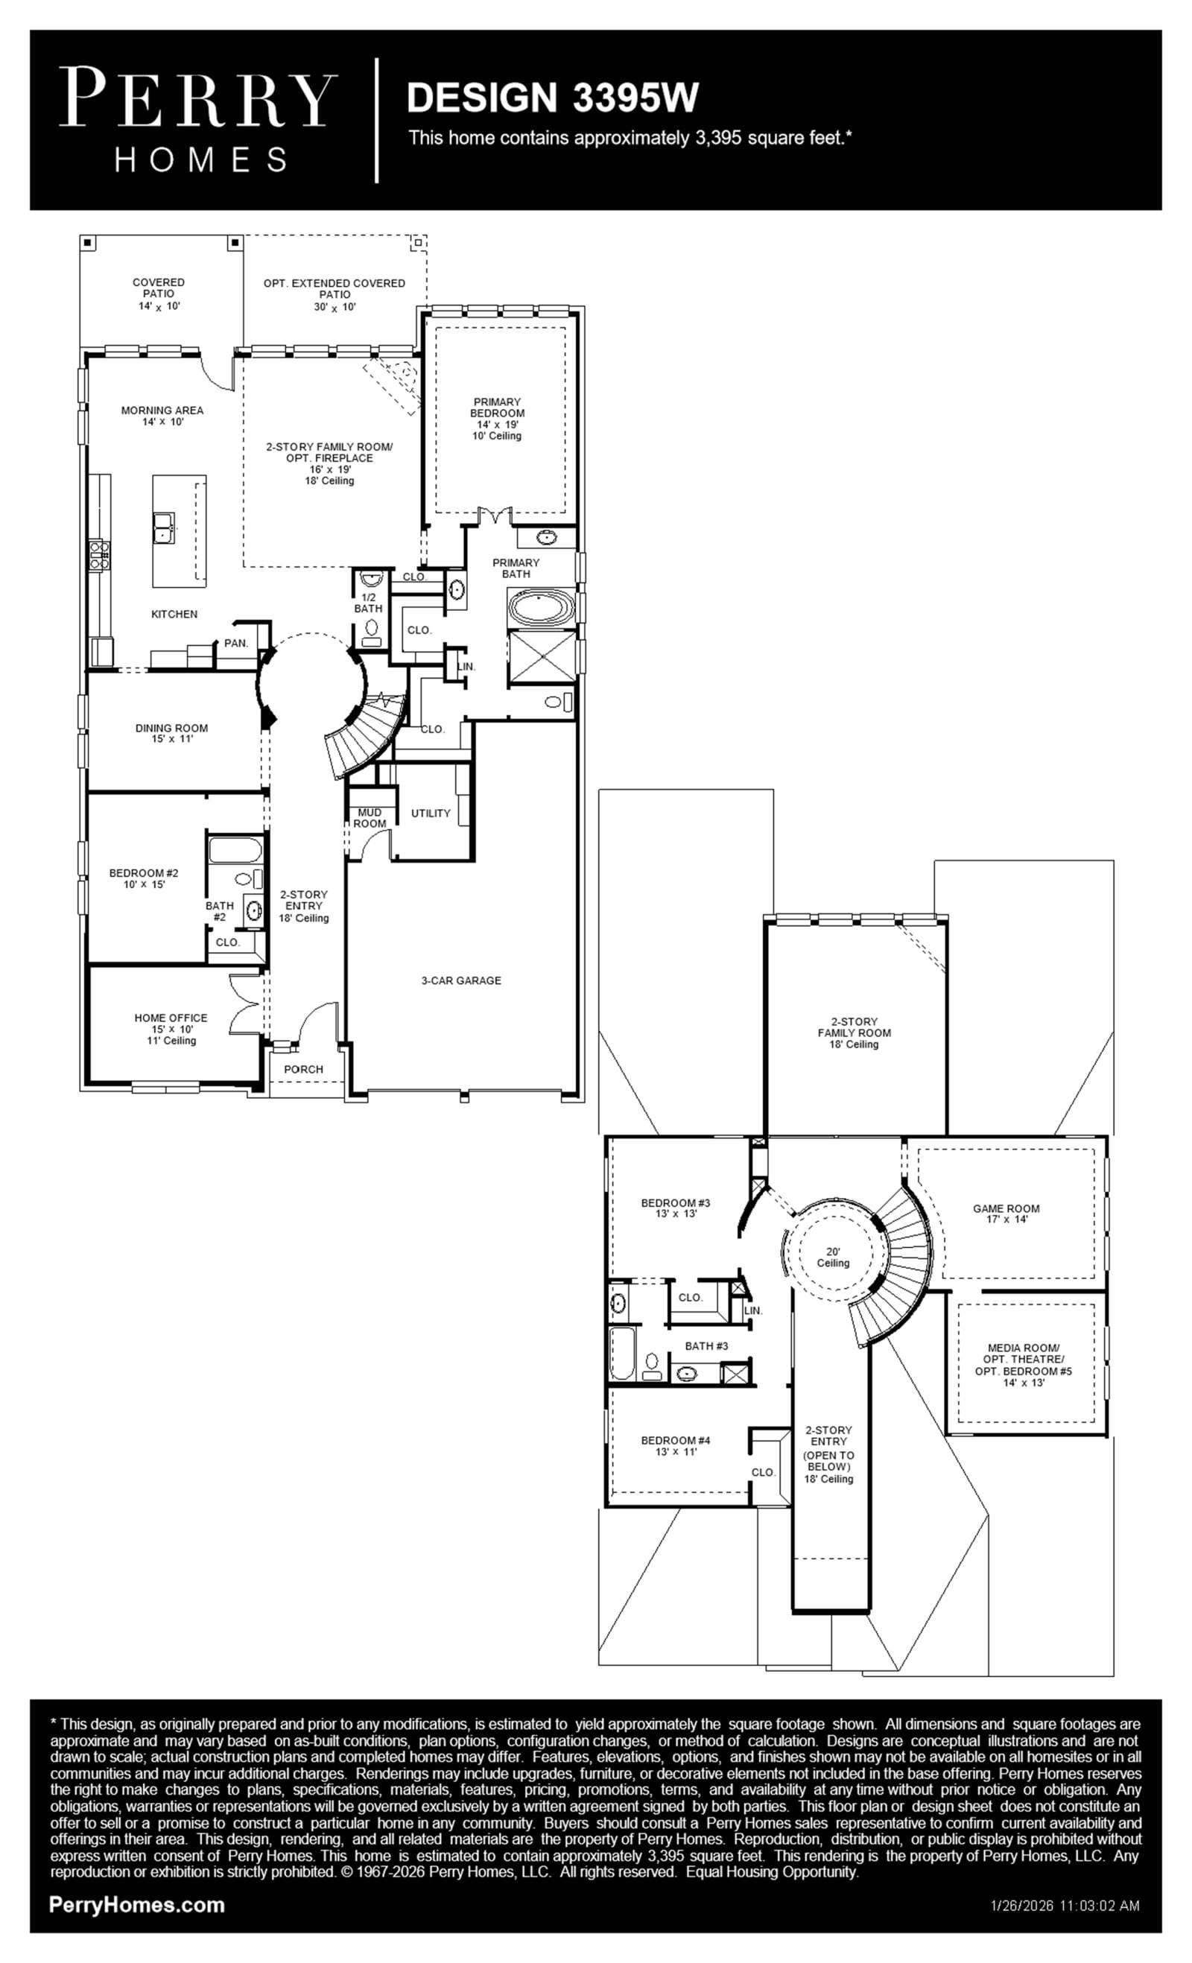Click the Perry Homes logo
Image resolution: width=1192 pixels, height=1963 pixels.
197,119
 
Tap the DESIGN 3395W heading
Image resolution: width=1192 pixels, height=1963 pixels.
552,97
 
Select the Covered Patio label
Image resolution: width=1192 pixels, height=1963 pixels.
159,294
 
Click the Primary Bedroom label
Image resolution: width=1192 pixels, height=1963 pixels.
497,419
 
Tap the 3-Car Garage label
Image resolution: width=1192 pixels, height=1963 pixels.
461,980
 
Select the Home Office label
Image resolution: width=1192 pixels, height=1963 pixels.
171,1029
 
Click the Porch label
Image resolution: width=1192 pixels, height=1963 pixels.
303,1069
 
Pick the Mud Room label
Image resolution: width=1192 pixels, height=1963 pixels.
370,818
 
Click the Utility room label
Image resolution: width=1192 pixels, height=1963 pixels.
431,814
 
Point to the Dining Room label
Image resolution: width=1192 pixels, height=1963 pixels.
171,733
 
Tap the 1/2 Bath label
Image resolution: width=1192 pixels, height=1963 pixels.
368,603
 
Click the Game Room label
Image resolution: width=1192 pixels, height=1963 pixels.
1006,1214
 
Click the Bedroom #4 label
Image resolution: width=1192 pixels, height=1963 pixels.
676,1446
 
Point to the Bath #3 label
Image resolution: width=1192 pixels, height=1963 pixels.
707,1345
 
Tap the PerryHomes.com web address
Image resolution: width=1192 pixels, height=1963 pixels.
137,1904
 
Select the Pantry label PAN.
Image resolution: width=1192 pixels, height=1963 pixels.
236,643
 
